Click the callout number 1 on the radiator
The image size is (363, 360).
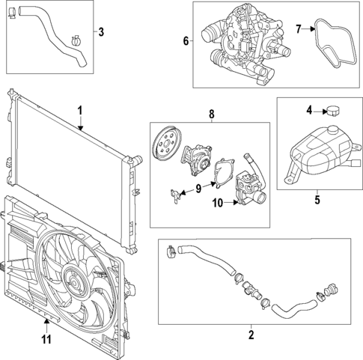coord(78,112)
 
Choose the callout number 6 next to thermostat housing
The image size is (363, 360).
coord(186,40)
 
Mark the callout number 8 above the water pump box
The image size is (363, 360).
coord(211,115)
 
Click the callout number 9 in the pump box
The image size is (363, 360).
coord(198,188)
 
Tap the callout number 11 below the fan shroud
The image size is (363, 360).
coord(46,341)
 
